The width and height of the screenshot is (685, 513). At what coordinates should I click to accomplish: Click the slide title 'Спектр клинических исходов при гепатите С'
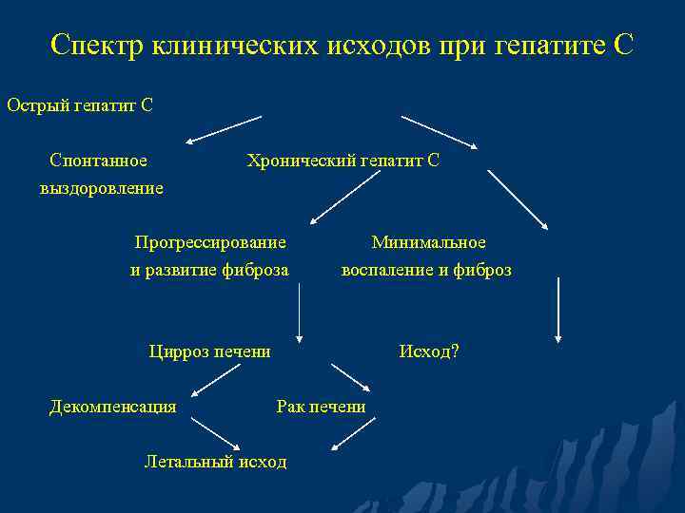(342, 45)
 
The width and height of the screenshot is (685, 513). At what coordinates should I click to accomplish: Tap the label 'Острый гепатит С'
(80, 104)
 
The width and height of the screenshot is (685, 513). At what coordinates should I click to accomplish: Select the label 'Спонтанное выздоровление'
(100, 174)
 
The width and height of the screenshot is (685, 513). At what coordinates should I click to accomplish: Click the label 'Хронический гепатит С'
(342, 161)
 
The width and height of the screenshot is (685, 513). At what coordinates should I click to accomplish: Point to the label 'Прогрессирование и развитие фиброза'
(209, 256)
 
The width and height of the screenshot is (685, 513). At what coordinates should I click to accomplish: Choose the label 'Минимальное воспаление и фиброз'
(427, 256)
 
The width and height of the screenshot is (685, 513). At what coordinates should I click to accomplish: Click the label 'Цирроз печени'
(209, 351)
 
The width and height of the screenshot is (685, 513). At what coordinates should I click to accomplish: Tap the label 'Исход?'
(428, 351)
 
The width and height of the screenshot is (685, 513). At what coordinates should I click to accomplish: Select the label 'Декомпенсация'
(112, 407)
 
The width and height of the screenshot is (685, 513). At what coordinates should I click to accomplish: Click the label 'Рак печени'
(321, 407)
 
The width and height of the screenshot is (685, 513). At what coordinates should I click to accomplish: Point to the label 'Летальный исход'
(215, 462)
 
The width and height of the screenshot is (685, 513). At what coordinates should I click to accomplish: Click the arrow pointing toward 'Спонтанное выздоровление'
(224, 130)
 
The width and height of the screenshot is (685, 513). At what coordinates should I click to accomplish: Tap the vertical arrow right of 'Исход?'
(558, 309)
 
